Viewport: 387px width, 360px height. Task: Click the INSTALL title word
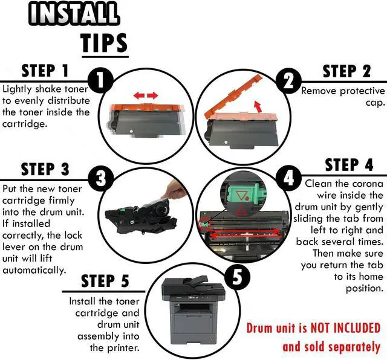(x=74, y=14)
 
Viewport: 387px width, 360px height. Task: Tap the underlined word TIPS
(x=104, y=43)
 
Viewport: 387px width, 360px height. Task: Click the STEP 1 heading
(x=45, y=71)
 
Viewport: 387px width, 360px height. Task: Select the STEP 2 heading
(x=346, y=71)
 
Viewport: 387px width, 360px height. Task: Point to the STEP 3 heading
(x=45, y=169)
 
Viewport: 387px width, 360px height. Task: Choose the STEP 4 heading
(x=349, y=165)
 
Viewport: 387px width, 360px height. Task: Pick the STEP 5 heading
(x=105, y=281)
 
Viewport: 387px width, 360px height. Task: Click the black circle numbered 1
(x=100, y=80)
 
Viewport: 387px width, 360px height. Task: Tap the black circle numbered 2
(x=288, y=80)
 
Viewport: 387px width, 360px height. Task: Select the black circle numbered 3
(x=101, y=178)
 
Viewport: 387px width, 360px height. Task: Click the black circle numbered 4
(x=288, y=178)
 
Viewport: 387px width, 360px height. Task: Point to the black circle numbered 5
(x=237, y=277)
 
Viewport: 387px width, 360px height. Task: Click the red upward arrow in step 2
(x=258, y=106)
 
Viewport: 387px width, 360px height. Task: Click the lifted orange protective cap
(x=233, y=95)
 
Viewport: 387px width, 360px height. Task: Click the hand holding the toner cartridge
(x=175, y=190)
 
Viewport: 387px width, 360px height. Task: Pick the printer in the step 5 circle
(x=193, y=310)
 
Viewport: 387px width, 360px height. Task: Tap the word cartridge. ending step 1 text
(x=24, y=124)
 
